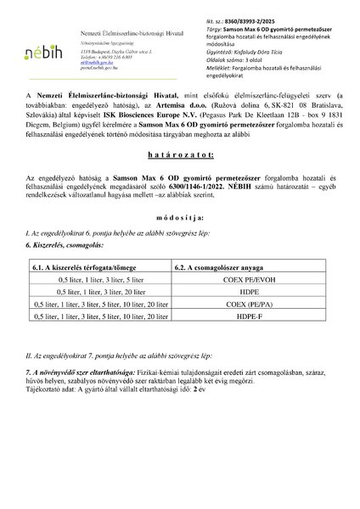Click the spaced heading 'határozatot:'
coord(179,181)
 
